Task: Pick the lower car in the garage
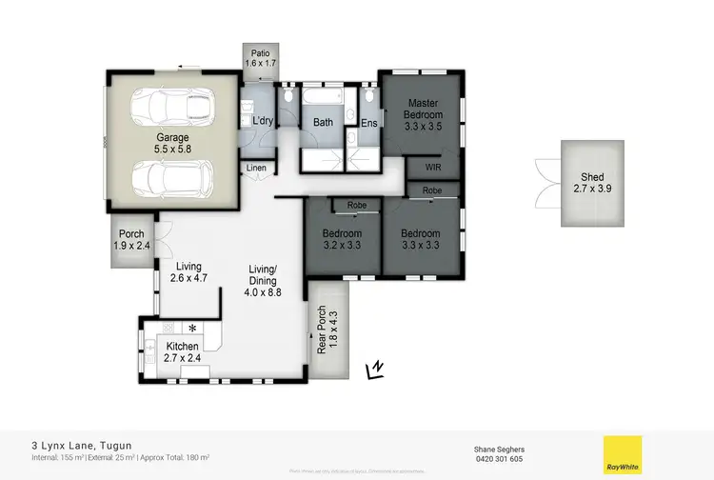point(171,176)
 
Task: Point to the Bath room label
point(323,122)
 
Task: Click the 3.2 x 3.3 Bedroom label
point(342,240)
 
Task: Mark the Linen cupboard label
point(256,169)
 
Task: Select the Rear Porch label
point(323,330)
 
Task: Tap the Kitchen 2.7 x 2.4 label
point(182,352)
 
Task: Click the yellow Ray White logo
point(622,454)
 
